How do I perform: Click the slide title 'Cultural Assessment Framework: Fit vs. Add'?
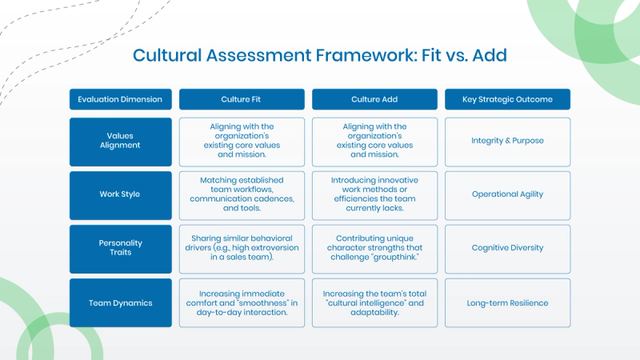(320, 55)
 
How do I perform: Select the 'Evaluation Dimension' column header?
(120, 99)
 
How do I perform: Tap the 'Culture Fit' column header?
(241, 99)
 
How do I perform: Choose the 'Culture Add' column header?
(374, 99)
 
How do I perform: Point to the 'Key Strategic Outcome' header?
(507, 99)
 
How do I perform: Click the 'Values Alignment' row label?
(120, 141)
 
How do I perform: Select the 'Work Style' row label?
(120, 194)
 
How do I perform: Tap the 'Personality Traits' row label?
(120, 248)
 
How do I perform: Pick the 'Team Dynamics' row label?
(120, 302)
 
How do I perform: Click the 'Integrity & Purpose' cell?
(507, 141)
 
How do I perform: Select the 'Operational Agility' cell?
(507, 194)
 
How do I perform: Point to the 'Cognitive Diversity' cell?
(507, 248)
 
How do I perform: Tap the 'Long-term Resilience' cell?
(507, 302)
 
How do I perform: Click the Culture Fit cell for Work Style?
(241, 194)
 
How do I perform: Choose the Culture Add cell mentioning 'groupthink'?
(374, 248)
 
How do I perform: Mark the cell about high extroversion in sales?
(241, 248)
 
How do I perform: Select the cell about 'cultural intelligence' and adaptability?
(374, 302)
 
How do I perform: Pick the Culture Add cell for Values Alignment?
(374, 141)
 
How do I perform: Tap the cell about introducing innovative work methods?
(374, 194)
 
